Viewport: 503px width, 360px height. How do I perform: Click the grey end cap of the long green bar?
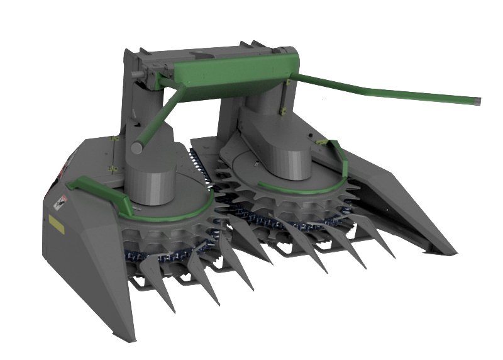coord(477,99)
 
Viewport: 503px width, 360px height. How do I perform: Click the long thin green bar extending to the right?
coord(390,88)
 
